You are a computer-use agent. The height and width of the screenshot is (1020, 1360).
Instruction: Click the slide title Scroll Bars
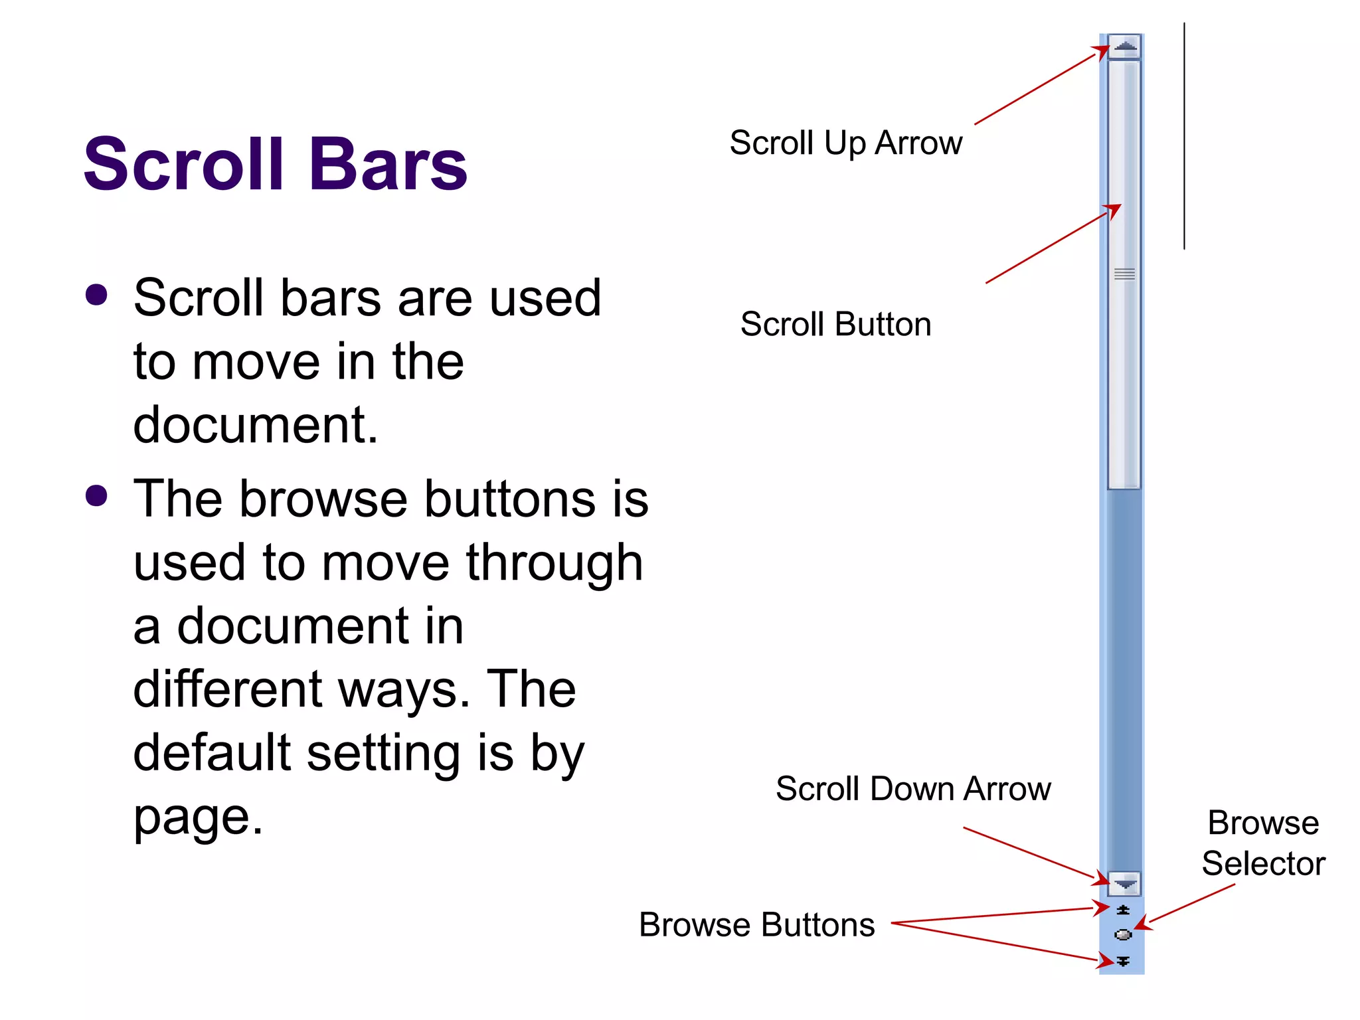(x=276, y=164)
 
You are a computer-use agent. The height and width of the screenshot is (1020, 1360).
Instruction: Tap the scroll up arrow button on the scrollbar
(x=1124, y=46)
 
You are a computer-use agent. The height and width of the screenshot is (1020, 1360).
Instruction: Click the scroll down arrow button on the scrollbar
(x=1124, y=884)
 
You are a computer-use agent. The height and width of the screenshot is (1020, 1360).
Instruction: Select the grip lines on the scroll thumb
(x=1124, y=274)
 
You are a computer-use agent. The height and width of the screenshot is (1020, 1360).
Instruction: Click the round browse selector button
(x=1123, y=935)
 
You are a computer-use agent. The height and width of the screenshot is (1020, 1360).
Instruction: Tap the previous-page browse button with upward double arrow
(x=1123, y=910)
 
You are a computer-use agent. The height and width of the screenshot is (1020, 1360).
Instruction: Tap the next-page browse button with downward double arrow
(x=1123, y=961)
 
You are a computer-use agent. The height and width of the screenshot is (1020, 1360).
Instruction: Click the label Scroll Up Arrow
(x=845, y=143)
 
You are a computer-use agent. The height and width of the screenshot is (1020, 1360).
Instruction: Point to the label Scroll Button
(x=835, y=325)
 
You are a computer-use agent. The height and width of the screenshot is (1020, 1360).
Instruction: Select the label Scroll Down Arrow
(x=913, y=789)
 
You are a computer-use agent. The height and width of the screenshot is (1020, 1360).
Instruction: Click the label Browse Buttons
(x=756, y=924)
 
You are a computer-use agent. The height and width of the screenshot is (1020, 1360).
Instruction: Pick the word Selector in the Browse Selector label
(x=1263, y=864)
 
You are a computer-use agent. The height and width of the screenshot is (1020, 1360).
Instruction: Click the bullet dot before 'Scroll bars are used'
(x=97, y=296)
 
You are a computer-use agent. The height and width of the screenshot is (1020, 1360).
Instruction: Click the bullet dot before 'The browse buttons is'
(x=97, y=496)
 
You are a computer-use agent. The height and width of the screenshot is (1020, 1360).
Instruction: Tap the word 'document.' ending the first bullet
(x=256, y=425)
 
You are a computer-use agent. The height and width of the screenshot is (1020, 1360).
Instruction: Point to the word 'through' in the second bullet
(x=554, y=563)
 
